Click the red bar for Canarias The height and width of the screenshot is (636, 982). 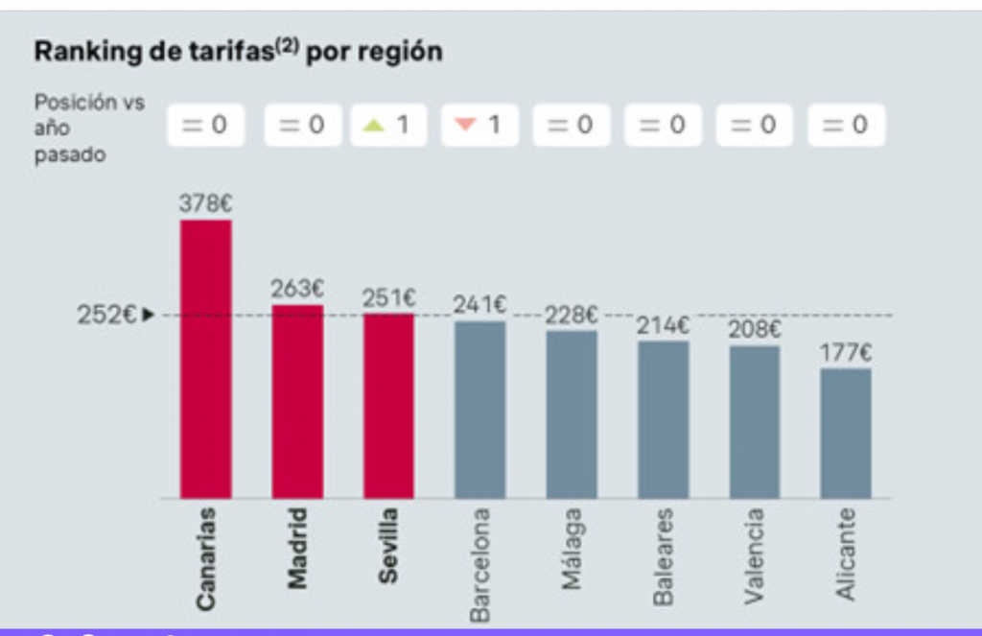(205, 360)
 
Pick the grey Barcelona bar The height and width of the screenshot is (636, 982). (479, 410)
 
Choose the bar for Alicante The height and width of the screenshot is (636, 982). (846, 433)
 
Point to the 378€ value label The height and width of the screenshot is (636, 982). (206, 203)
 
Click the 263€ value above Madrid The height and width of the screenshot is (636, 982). (297, 288)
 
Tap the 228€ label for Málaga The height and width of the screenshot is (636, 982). (572, 315)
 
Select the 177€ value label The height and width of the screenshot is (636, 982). (846, 352)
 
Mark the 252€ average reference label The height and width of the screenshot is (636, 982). (107, 315)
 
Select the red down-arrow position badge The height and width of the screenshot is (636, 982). (480, 125)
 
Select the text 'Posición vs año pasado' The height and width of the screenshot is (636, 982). (89, 129)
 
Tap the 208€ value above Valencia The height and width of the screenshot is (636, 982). (755, 330)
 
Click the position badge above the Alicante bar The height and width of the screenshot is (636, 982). (846, 125)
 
